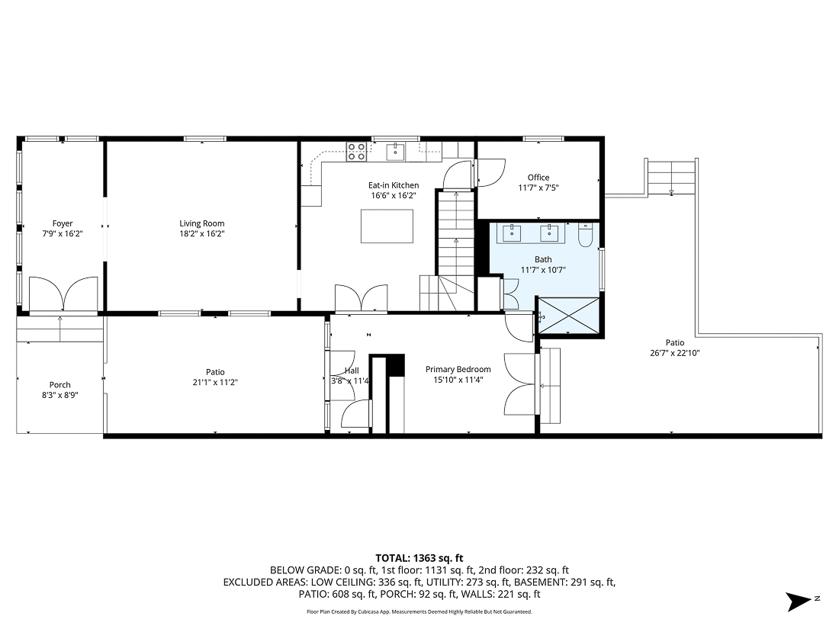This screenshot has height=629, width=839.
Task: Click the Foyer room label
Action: click(63, 223)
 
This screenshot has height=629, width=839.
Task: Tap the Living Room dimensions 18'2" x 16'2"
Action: click(202, 234)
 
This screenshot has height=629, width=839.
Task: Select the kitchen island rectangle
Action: click(387, 226)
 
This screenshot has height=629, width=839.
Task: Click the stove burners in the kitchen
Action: click(356, 152)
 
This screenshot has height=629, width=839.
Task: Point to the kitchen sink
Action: click(395, 152)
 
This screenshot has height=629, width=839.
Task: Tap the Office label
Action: click(538, 178)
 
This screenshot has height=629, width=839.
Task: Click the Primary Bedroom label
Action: click(458, 369)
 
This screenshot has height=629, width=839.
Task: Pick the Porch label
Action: click(60, 385)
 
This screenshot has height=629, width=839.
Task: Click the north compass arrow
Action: click(800, 600)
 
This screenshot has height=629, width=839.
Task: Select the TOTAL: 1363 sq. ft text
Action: click(419, 558)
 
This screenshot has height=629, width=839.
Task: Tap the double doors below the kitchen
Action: click(362, 297)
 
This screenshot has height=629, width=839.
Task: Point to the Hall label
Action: click(352, 371)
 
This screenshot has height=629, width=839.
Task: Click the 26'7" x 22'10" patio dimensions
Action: click(674, 353)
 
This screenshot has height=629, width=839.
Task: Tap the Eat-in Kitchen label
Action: click(394, 185)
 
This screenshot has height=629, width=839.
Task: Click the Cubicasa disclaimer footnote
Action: click(419, 611)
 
